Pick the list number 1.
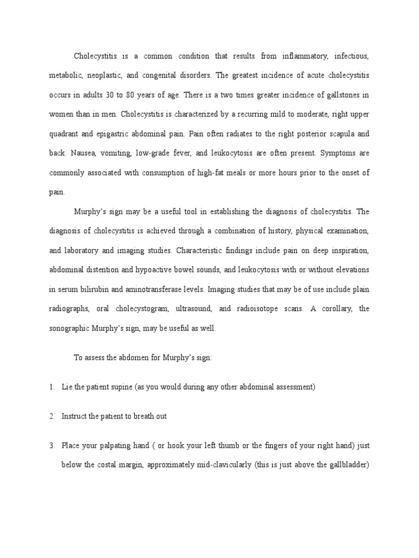pyautogui.click(x=51, y=387)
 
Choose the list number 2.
pyautogui.click(x=51, y=416)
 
